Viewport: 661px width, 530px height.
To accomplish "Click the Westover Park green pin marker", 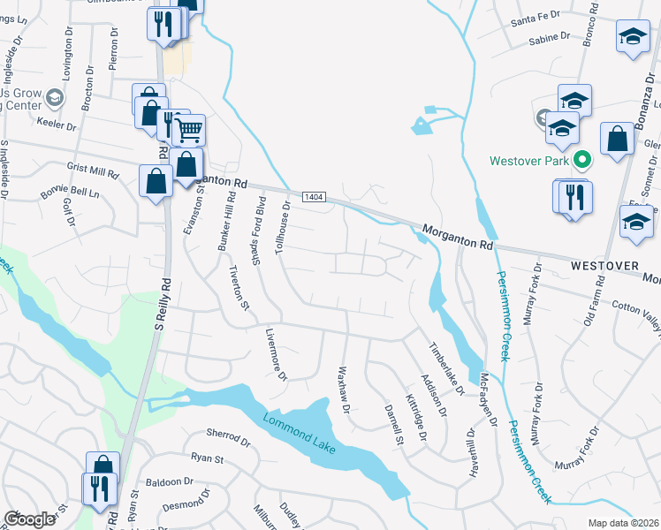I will [x=582, y=161].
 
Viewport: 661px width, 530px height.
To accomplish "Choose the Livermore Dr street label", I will [x=277, y=356].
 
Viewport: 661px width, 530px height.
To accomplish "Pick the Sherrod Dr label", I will [x=228, y=434].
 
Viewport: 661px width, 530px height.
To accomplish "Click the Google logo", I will [x=29, y=519].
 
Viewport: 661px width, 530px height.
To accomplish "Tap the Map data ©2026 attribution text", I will [x=624, y=523].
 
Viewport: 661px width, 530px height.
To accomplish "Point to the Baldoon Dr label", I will [x=170, y=482].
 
